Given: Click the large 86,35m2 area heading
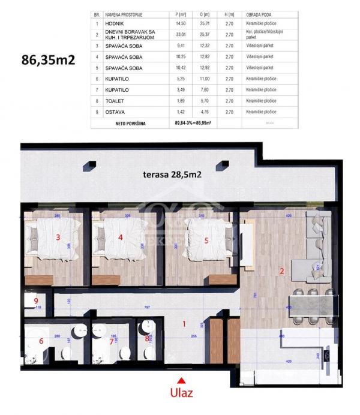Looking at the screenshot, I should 47,60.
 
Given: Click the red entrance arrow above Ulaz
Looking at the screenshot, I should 179,378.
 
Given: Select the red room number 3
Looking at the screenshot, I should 58,237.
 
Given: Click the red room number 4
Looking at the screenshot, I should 121,237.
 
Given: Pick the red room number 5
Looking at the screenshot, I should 206,241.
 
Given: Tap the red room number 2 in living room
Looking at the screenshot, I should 281,270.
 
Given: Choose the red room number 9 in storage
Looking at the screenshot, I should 36,300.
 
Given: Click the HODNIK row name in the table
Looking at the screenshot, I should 116,23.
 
